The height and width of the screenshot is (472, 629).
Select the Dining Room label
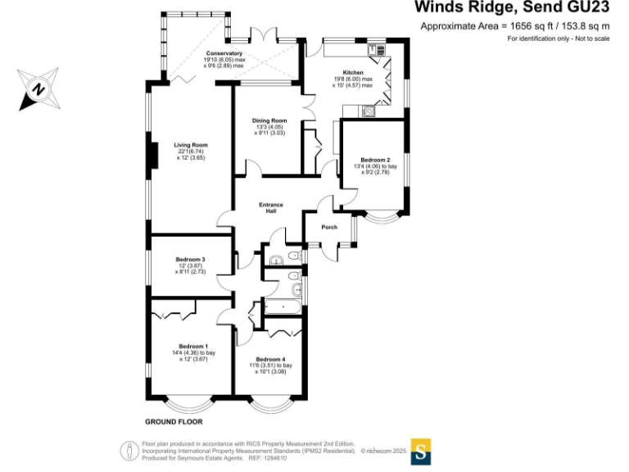[x=269, y=120]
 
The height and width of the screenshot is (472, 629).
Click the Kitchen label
[x=353, y=73]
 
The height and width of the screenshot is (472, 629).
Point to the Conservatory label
[x=224, y=53]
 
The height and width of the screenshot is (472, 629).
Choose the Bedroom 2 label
[x=372, y=161]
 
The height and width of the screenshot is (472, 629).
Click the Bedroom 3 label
[x=190, y=260]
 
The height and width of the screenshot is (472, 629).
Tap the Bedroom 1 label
[x=193, y=346]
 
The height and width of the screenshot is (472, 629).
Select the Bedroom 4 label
[x=270, y=359]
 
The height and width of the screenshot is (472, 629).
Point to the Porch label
[x=329, y=227]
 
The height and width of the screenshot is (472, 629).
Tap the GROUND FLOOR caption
[x=174, y=423]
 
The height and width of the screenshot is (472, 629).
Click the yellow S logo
[x=421, y=451]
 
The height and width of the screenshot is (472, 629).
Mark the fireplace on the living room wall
[x=152, y=156]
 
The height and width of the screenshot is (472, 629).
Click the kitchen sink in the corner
[x=375, y=50]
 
